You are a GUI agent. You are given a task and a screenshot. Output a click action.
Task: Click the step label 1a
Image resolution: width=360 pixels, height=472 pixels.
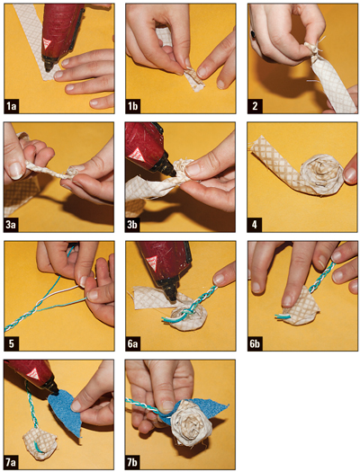point(12,106)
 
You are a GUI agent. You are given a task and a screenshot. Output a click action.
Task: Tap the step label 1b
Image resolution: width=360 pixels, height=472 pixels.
point(133,106)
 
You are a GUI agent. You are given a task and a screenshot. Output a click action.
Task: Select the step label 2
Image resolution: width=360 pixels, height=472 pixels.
point(255,106)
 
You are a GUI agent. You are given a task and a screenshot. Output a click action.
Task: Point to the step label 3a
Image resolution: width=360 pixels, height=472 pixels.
point(12,225)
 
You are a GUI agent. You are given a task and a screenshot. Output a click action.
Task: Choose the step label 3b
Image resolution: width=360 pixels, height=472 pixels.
point(133,225)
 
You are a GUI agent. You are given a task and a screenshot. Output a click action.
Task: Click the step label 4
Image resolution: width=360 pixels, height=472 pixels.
point(255,225)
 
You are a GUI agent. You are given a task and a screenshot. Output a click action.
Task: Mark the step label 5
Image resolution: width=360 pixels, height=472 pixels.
point(12,343)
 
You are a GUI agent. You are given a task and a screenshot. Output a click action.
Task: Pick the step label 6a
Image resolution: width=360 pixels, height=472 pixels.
point(133,343)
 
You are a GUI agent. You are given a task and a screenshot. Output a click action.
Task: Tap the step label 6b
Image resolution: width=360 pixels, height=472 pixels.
point(255,343)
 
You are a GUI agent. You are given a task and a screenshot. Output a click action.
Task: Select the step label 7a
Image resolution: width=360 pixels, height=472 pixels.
point(12,462)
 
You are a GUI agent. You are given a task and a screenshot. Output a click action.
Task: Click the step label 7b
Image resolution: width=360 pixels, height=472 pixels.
point(133,462)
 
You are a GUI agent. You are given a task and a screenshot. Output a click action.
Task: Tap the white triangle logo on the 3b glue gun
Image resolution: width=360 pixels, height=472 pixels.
point(134,154)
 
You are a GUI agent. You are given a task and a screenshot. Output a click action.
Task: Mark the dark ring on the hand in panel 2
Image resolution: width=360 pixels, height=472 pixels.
point(254,34)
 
